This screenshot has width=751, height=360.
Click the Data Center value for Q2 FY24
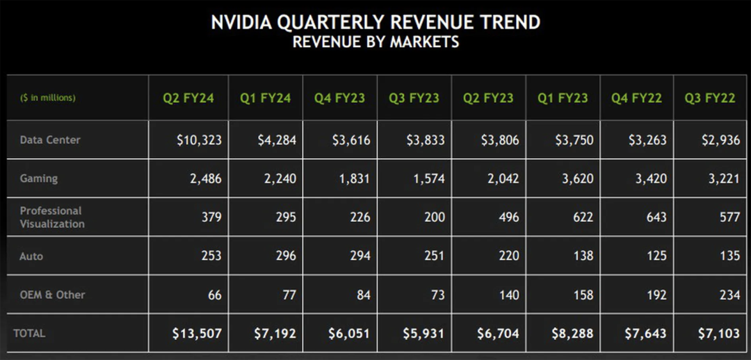199,140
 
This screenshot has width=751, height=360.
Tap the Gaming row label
39,179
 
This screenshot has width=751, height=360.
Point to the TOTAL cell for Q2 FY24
197,334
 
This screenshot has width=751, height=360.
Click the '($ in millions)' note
48,98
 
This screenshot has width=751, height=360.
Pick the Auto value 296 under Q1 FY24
284,256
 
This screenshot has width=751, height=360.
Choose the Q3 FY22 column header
710,98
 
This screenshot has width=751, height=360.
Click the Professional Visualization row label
52,217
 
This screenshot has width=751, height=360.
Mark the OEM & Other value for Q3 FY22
729,295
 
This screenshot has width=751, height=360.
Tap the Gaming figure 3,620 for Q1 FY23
575,179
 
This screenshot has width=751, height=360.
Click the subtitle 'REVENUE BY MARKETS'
375,42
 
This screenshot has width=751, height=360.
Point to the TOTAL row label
29,334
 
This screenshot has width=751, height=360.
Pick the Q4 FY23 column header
339,98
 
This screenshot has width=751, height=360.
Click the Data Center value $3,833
426,140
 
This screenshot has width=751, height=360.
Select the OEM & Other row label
52,295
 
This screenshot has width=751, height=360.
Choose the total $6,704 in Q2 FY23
499,334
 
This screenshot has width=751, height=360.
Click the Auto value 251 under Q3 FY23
433,256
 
